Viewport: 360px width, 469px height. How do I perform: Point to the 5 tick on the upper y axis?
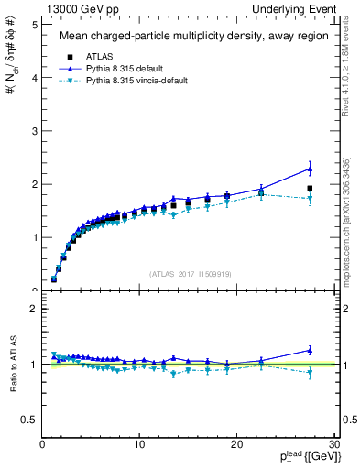click(33, 25)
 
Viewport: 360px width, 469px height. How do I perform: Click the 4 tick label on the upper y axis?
click(33, 78)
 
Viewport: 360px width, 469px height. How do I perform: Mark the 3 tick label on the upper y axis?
click(33, 131)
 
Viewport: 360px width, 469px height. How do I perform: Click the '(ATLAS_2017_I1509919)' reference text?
click(191, 272)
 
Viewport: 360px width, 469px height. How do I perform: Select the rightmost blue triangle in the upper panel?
click(310, 169)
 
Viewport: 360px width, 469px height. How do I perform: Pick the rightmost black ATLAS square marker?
click(310, 188)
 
